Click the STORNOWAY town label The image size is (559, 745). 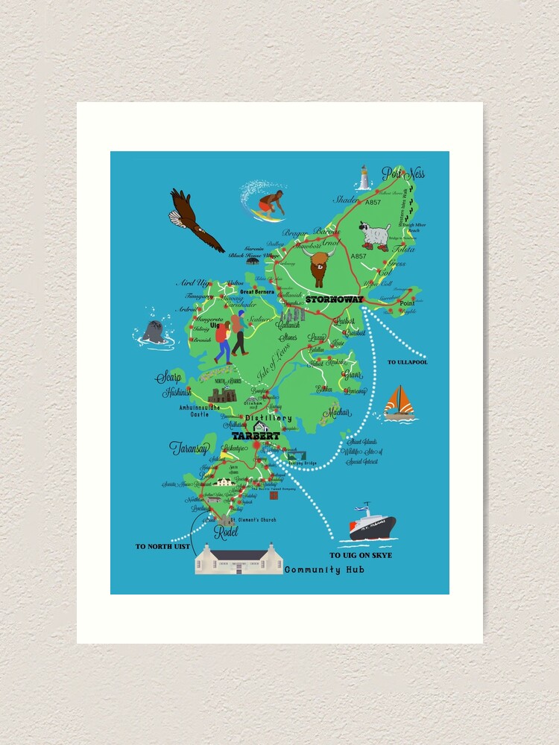pos(334,299)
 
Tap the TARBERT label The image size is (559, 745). pos(255,436)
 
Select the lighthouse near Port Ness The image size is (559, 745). pos(364,179)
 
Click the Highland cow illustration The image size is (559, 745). pos(319,267)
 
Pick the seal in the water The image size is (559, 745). pos(154,332)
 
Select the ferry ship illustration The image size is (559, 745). pos(372,524)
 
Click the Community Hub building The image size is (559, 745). pos(238,559)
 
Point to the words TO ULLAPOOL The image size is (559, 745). pos(407,363)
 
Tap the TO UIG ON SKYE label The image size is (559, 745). pos(361,556)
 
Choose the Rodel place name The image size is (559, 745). pos(226,532)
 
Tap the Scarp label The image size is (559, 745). pos(168,377)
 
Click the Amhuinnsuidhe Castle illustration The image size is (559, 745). pos(221,395)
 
